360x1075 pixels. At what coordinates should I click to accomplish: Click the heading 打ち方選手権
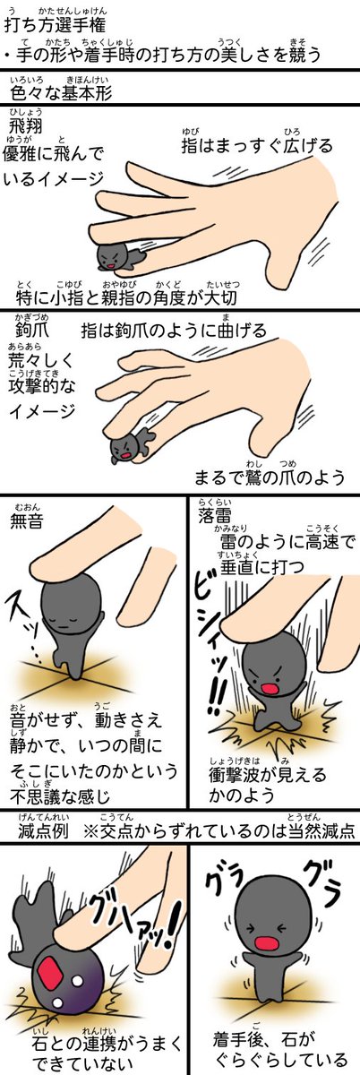point(55,24)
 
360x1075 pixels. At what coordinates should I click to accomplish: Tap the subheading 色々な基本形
point(61,92)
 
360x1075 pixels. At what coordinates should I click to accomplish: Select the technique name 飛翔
point(25,126)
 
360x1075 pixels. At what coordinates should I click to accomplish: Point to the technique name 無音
point(27,520)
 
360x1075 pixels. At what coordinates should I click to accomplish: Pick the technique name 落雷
point(215,515)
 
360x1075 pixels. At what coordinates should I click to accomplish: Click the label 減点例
point(43,830)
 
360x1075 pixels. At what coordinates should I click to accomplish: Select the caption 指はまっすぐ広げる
point(257,145)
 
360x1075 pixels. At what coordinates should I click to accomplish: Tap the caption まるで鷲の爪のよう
point(270,477)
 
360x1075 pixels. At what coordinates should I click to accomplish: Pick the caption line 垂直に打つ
point(262,567)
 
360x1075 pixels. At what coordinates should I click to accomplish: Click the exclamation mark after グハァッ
point(171,926)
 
